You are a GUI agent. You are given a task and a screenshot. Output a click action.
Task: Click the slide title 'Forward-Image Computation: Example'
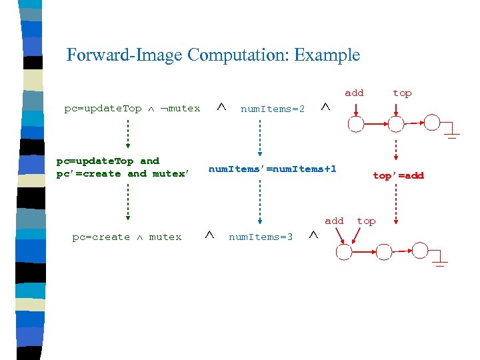[x=213, y=55]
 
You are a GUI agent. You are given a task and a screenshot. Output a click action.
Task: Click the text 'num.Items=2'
[x=273, y=109]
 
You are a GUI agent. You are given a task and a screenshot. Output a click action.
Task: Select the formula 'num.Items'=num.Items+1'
[x=273, y=169]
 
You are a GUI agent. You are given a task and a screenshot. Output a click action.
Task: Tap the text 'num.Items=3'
[x=261, y=237]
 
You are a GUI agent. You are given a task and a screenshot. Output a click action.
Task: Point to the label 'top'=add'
[x=398, y=175]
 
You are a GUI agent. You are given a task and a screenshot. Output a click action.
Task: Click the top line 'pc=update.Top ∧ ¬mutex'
[x=132, y=108]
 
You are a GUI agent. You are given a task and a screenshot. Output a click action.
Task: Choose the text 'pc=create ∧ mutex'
[x=127, y=237]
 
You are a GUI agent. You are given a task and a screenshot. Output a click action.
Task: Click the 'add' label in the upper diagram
[x=354, y=93]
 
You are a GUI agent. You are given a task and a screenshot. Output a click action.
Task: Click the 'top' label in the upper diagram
[x=402, y=93]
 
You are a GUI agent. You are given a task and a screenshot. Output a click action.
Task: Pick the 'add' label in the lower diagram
[x=334, y=221]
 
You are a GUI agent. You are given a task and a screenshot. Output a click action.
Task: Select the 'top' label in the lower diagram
[x=366, y=221]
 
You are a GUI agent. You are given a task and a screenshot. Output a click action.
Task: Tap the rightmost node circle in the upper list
[x=433, y=123]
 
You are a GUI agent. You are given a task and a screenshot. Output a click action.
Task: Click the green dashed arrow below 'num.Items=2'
[x=261, y=136]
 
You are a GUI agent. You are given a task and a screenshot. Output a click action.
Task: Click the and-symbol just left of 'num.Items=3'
[x=209, y=235]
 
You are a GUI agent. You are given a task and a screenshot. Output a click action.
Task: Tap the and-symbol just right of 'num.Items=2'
[x=325, y=107]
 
